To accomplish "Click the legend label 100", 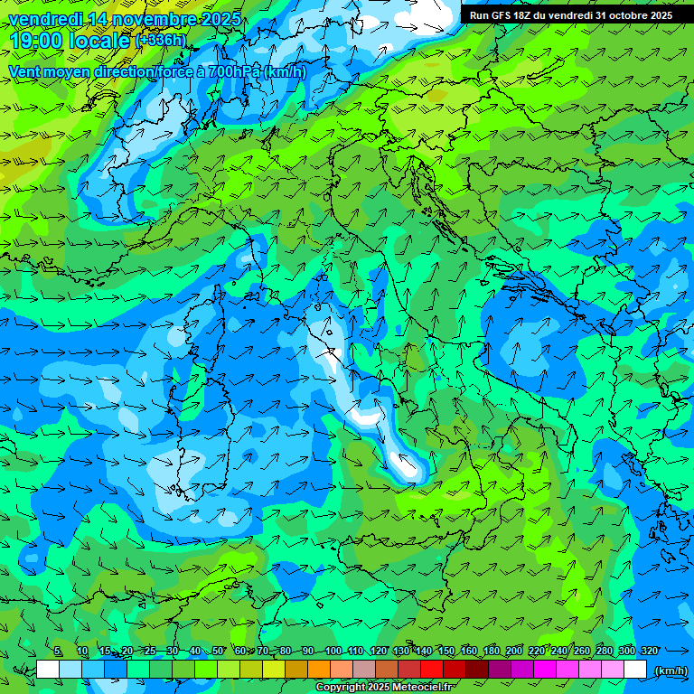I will [333, 651].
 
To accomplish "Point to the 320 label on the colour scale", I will [650, 651].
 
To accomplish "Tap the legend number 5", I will [58, 651].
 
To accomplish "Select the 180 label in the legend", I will [492, 651].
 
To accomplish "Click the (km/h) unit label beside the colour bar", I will [670, 670].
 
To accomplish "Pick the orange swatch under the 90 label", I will [319, 670].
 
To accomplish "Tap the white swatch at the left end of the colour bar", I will [48, 670].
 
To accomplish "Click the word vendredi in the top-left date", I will [42, 19].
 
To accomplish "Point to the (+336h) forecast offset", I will [160, 41].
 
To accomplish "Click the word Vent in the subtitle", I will [26, 71].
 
